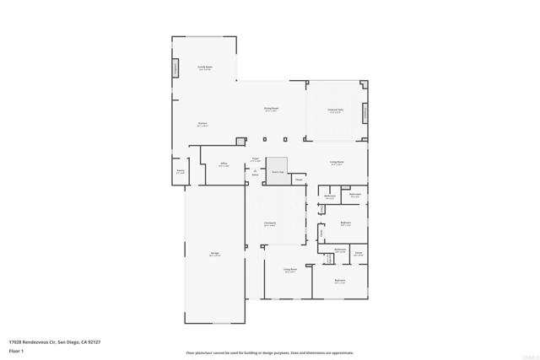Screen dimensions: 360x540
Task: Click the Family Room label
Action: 204,67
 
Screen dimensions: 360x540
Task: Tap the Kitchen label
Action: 202,125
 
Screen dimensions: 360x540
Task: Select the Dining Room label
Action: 271,110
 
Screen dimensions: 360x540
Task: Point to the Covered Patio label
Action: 335,110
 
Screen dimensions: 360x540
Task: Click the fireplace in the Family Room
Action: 176,68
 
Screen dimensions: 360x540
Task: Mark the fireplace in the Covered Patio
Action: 365,111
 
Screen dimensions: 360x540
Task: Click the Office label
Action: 224,164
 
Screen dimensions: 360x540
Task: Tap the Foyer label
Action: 255,159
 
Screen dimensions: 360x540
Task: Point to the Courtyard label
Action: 270,224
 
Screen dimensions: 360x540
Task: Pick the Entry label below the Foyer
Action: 255,175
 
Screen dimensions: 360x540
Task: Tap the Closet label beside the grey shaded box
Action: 299,179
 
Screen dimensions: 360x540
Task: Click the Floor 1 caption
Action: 15,350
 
